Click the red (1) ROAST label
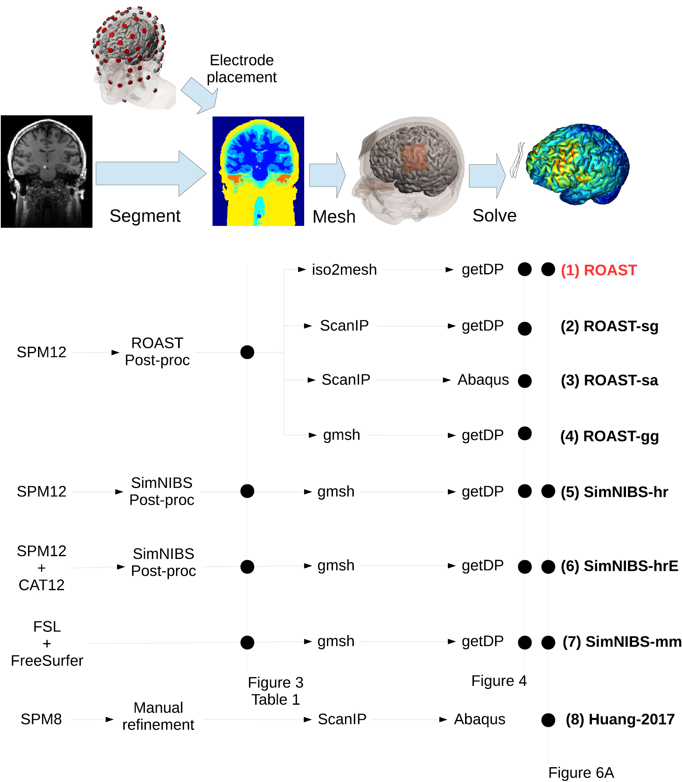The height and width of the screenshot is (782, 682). (x=598, y=270)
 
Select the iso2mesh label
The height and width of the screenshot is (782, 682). (x=344, y=270)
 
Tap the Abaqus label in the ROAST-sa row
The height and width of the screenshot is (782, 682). (x=483, y=380)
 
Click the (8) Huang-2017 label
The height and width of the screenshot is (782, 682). (x=620, y=719)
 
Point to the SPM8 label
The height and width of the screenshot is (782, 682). (x=41, y=719)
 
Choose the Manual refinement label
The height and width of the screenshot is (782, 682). (x=158, y=716)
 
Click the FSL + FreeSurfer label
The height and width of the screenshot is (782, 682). (x=47, y=643)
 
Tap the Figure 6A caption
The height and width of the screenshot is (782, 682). (x=581, y=772)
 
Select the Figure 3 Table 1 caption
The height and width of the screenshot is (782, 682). (x=275, y=691)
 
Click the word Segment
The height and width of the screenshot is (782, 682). (x=145, y=216)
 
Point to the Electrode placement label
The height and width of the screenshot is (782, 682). (x=242, y=68)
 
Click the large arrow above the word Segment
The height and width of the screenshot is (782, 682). (x=150, y=173)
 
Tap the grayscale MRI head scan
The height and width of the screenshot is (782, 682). (x=46, y=171)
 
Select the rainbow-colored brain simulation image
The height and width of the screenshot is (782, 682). (x=577, y=164)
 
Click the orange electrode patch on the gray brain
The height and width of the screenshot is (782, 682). (x=415, y=159)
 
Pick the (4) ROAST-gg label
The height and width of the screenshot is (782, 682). (x=609, y=436)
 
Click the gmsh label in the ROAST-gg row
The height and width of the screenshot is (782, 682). (x=341, y=435)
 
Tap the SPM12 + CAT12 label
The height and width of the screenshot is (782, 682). (x=41, y=568)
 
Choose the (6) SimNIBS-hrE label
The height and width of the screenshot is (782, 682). (x=619, y=566)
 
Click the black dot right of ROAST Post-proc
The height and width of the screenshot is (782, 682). (x=247, y=352)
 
